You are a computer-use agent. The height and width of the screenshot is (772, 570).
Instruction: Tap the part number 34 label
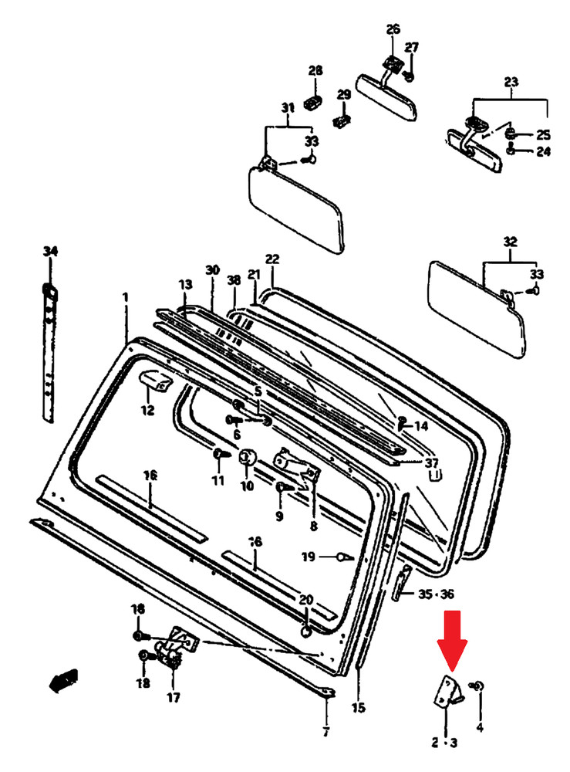point(50,252)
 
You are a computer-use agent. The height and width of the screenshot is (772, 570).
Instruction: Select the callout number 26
point(393,29)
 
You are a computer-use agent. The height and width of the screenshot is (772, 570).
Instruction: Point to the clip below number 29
point(342,121)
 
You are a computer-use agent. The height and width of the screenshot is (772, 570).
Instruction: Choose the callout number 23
point(511,82)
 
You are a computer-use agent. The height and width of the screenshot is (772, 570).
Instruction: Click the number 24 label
point(544,151)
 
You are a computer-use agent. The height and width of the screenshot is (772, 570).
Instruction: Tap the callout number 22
point(272,259)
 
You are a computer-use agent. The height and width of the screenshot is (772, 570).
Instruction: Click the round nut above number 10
point(248,457)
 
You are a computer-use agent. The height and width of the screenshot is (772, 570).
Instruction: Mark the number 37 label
point(432,462)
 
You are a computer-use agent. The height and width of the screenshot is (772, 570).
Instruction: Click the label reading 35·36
point(437,594)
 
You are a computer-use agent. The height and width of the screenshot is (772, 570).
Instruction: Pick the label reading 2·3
point(444,743)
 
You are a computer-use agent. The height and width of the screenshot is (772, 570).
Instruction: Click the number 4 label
point(480,726)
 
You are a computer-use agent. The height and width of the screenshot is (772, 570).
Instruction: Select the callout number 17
point(173,698)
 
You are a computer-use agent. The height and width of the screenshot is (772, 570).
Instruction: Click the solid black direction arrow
point(63,679)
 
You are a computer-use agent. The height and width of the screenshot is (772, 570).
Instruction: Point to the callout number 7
point(325,731)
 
